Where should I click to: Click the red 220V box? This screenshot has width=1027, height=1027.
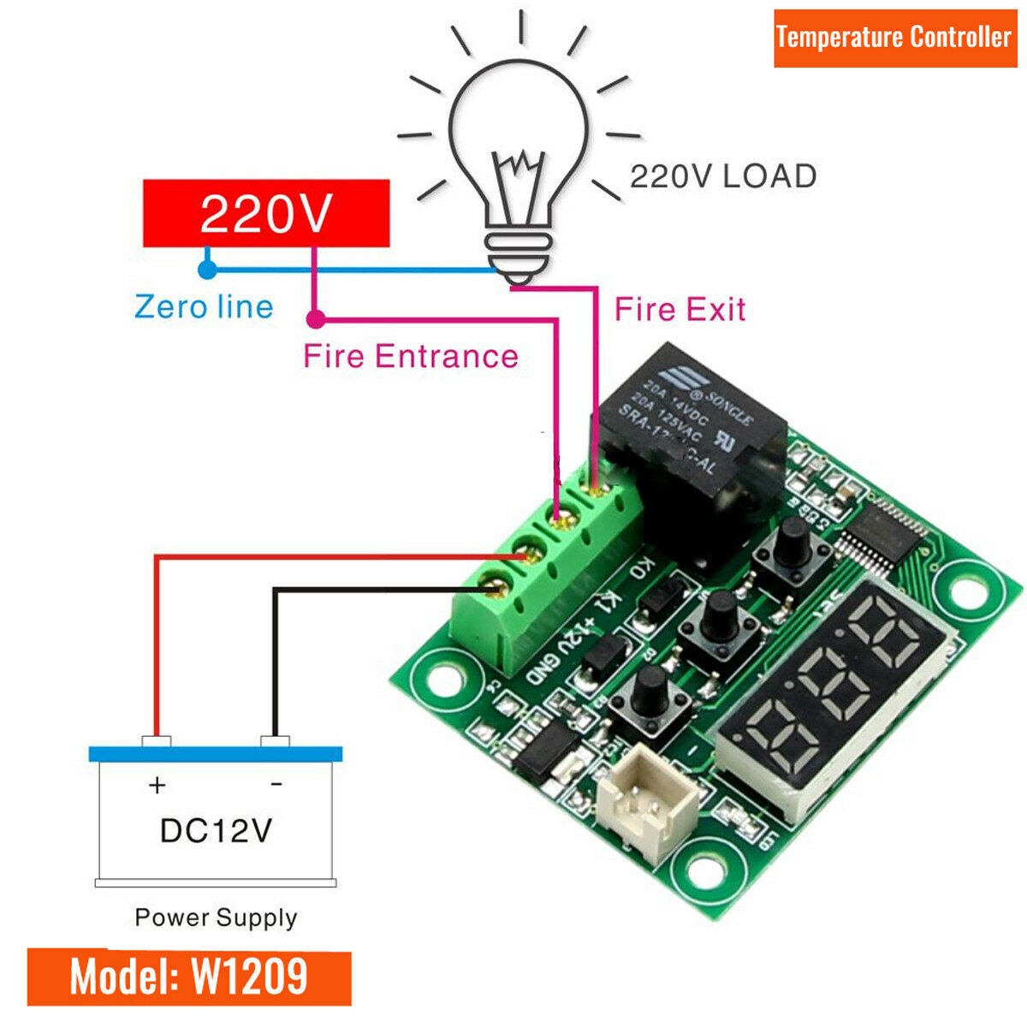pos(265,213)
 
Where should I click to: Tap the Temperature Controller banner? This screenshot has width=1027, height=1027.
pos(893,38)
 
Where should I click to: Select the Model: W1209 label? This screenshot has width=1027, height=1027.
pos(188,977)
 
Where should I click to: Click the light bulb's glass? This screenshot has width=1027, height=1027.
pos(519,128)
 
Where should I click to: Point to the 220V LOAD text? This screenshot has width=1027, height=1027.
pos(723,176)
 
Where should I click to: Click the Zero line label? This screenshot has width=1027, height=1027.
pos(204,306)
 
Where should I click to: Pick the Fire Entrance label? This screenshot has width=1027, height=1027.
pos(411,356)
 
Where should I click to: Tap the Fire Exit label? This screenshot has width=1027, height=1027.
pos(680,309)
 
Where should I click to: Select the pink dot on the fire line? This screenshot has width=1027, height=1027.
pos(316,320)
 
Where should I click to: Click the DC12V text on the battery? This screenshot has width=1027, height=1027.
pos(216,830)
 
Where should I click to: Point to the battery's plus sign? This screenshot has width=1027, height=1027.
pos(157,785)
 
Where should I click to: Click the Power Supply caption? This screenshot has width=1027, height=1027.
pos(216,917)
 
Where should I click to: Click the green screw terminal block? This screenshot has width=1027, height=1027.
pos(548,556)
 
